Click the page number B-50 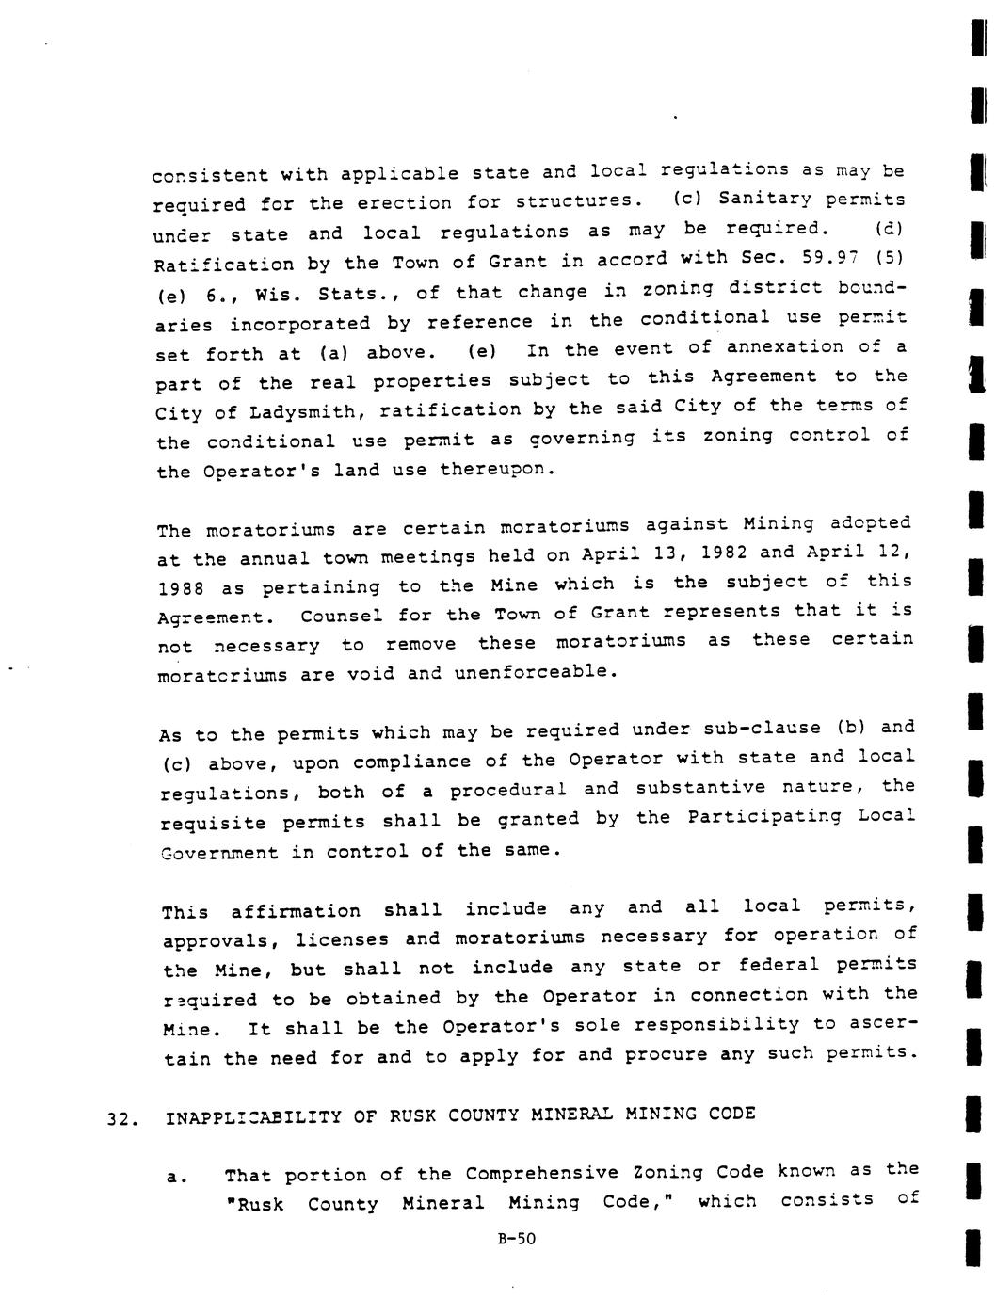(516, 1239)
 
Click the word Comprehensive (542, 1173)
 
